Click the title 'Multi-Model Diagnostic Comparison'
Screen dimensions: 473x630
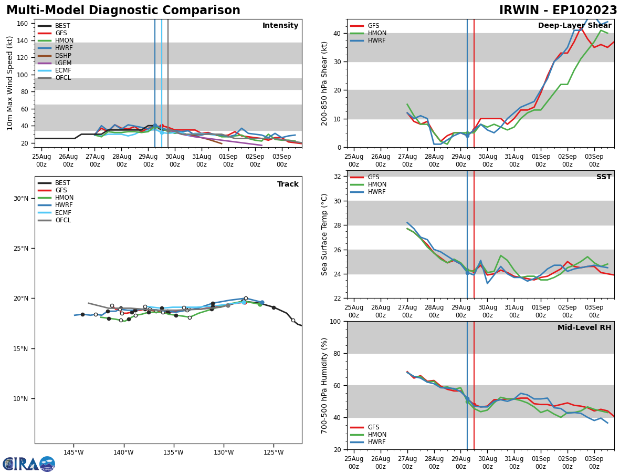[123, 11]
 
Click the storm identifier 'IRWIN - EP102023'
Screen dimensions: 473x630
[558, 11]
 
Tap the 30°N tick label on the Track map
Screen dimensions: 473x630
[21, 199]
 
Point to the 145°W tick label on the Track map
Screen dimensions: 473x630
[73, 453]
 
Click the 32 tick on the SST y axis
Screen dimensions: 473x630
[338, 177]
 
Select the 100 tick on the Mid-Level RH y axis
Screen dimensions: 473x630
[336, 321]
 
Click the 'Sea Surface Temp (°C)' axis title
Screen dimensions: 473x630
[325, 234]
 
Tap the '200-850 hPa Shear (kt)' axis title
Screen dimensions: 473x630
[325, 83]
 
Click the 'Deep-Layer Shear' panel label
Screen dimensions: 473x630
[574, 26]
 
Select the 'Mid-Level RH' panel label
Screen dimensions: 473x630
[584, 328]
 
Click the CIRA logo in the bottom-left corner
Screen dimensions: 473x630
[29, 464]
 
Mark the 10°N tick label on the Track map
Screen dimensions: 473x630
[21, 399]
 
